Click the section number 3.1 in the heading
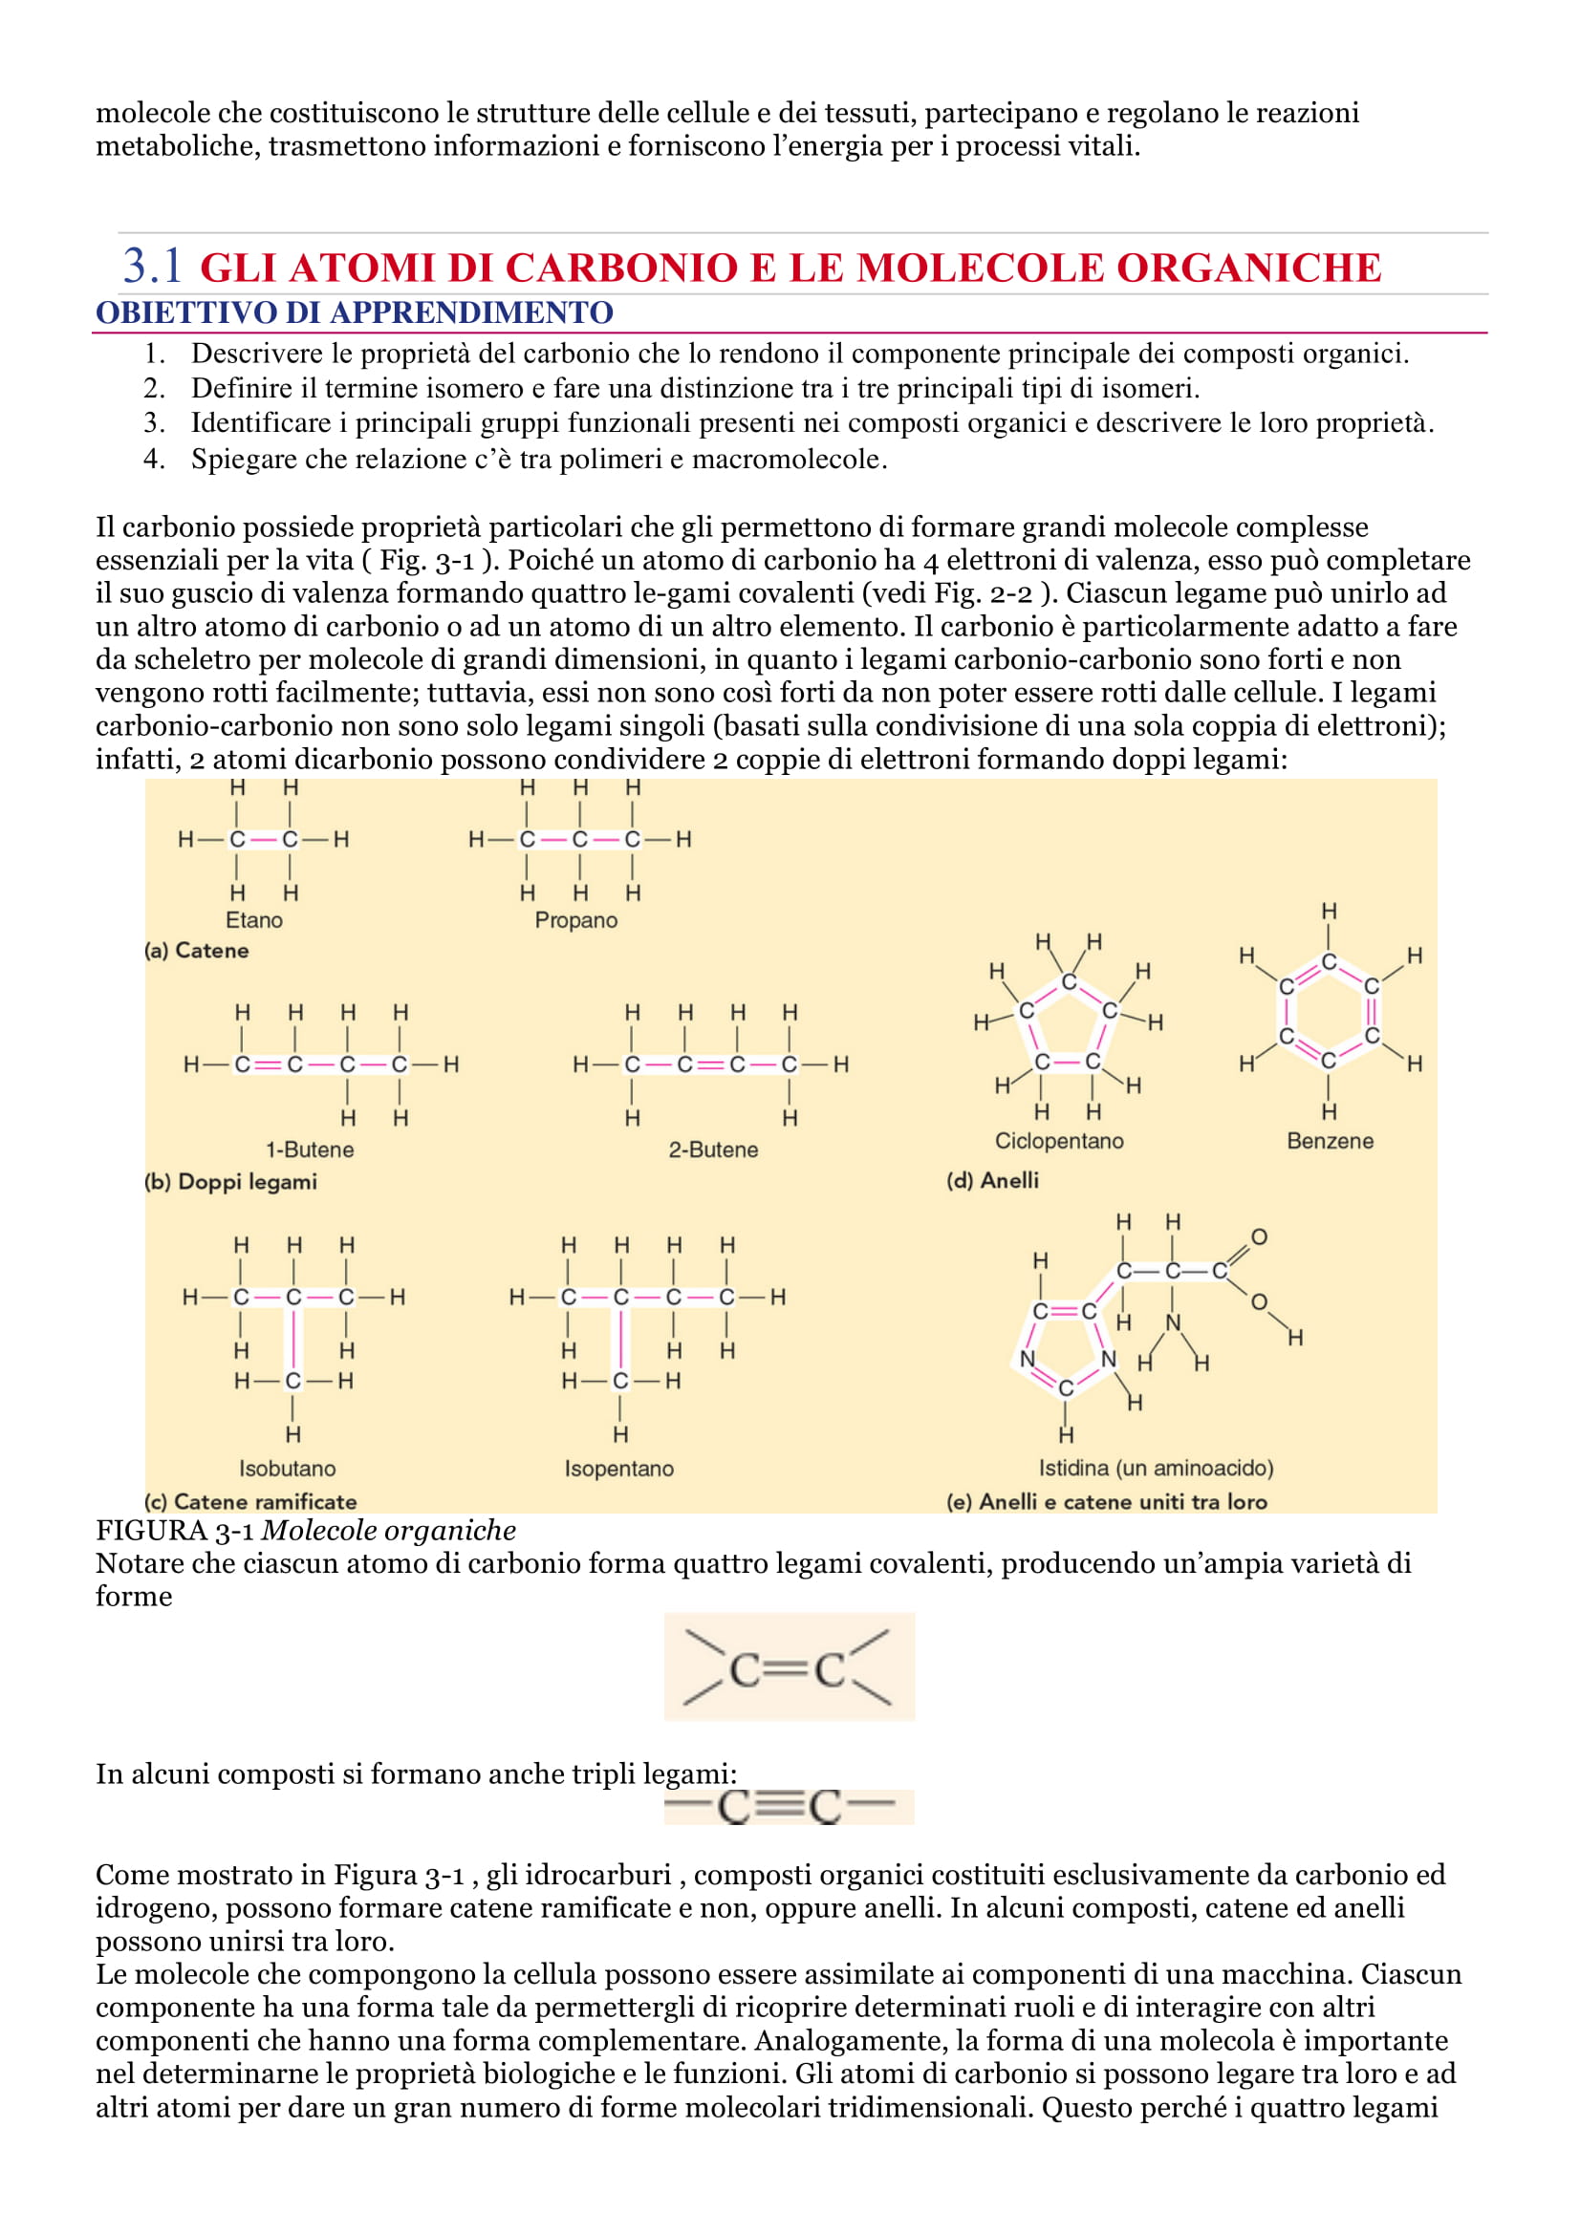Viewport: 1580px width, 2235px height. coord(152,266)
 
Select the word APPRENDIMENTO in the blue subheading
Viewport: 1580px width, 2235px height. coord(471,312)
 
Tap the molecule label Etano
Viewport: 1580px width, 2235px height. coord(254,920)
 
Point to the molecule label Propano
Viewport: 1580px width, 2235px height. coord(576,920)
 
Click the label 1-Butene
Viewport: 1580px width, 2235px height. coord(310,1150)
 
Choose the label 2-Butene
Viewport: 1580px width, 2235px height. coord(713,1150)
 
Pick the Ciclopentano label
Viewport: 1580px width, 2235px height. coord(1059,1141)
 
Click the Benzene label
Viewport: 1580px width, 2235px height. coord(1330,1141)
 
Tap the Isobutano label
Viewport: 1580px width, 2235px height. coord(287,1468)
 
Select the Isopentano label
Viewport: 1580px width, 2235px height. coord(619,1468)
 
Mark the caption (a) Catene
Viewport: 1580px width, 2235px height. coord(197,950)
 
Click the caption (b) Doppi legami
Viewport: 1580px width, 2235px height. coord(230,1182)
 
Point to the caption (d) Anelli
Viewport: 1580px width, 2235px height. coord(992,1180)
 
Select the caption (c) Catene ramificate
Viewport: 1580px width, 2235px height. coord(250,1501)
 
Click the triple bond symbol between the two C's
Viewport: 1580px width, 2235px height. coord(779,1807)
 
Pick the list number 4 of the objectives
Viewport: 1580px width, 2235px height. coord(154,459)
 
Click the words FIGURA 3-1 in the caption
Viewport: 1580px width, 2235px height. coord(174,1531)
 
